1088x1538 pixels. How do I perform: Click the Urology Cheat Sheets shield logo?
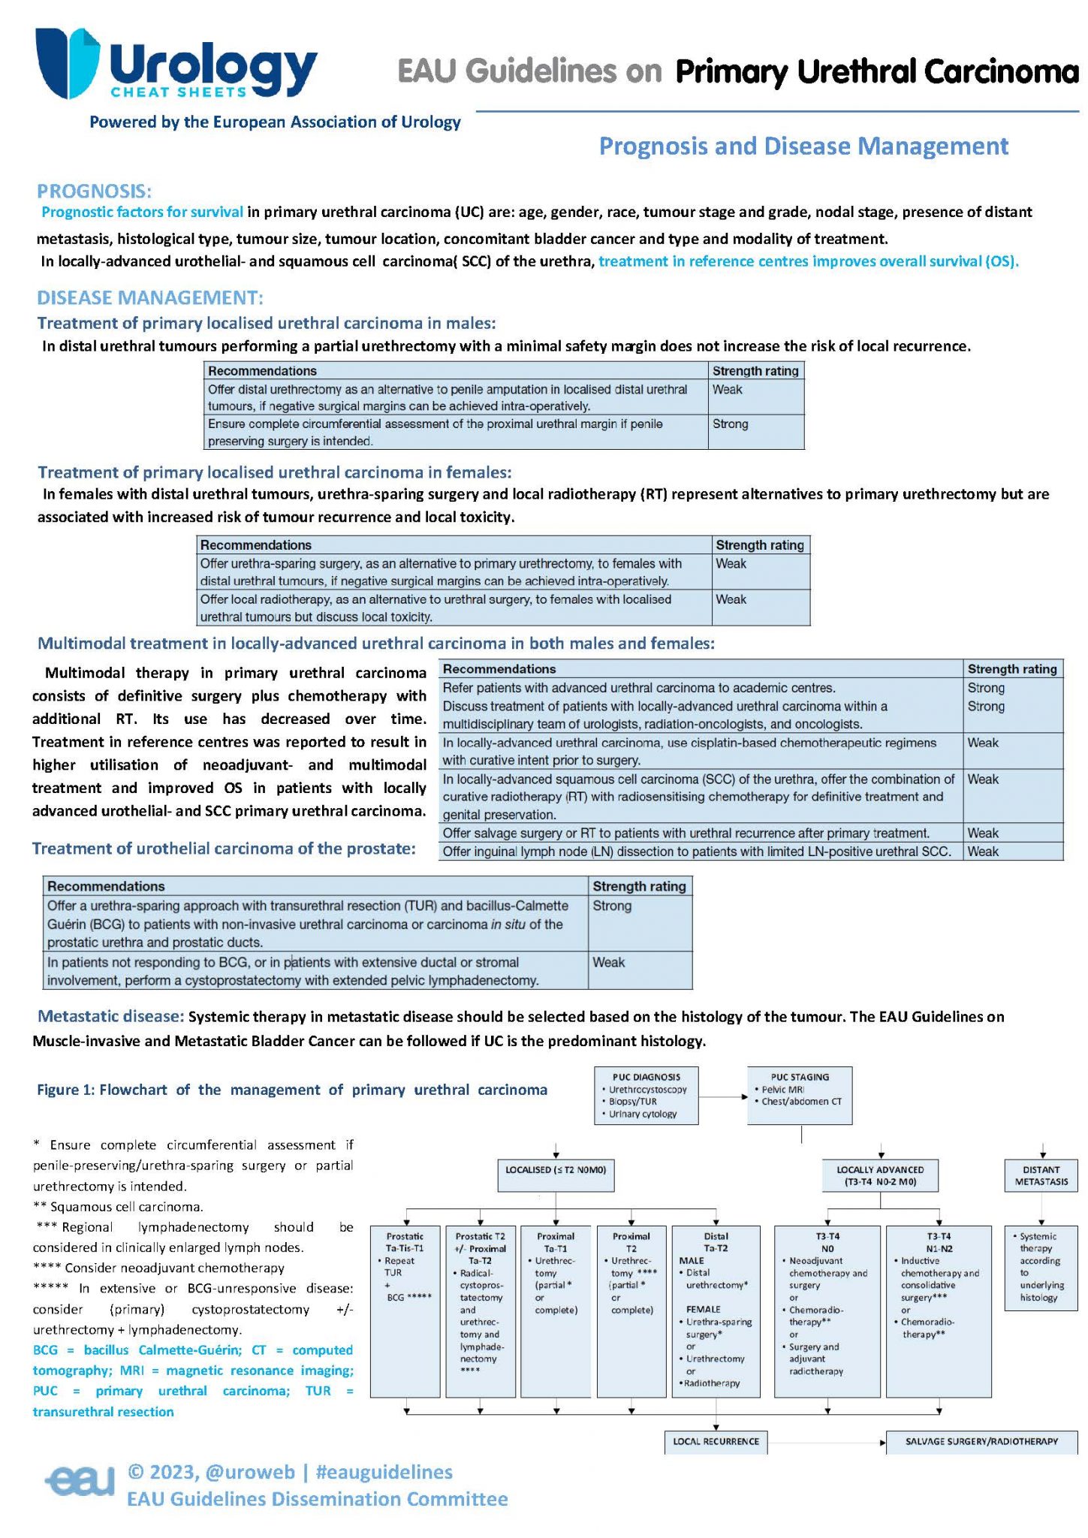click(67, 64)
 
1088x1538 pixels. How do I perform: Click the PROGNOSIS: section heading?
click(94, 191)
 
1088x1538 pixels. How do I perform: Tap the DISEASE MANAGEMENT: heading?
click(150, 297)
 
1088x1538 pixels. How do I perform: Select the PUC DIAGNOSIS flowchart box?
click(646, 1095)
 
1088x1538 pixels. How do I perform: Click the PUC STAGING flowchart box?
click(800, 1095)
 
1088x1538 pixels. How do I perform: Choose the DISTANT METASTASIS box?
click(1041, 1175)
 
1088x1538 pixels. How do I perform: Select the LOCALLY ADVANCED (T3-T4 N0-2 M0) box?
click(880, 1175)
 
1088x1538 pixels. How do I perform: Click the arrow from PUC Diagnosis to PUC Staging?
click(723, 1096)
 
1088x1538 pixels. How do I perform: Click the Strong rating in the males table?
click(731, 424)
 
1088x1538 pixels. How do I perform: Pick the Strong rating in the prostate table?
click(612, 906)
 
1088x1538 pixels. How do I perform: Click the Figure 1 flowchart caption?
click(292, 1090)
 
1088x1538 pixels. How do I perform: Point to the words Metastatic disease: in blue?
click(110, 1016)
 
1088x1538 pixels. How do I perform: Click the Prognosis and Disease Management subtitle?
click(803, 146)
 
